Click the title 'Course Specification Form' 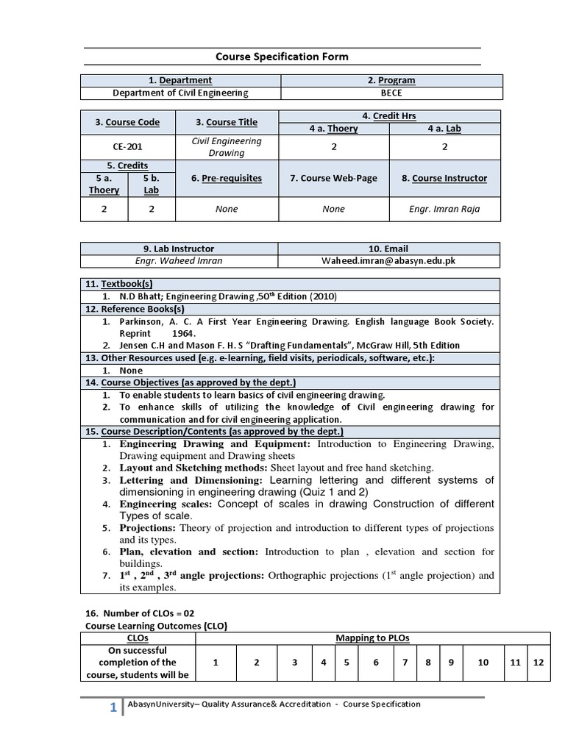pyautogui.click(x=282, y=57)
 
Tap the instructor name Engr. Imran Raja pyautogui.click(x=444, y=209)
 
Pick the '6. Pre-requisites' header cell pyautogui.click(x=227, y=178)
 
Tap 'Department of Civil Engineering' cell pyautogui.click(x=180, y=93)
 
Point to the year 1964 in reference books pyautogui.click(x=185, y=333)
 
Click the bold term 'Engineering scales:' pyautogui.click(x=166, y=504)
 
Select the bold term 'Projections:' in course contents pyautogui.click(x=147, y=528)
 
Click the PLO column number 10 pyautogui.click(x=483, y=663)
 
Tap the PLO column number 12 pyautogui.click(x=539, y=663)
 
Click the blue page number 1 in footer pyautogui.click(x=113, y=708)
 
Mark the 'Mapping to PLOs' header pyautogui.click(x=372, y=638)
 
